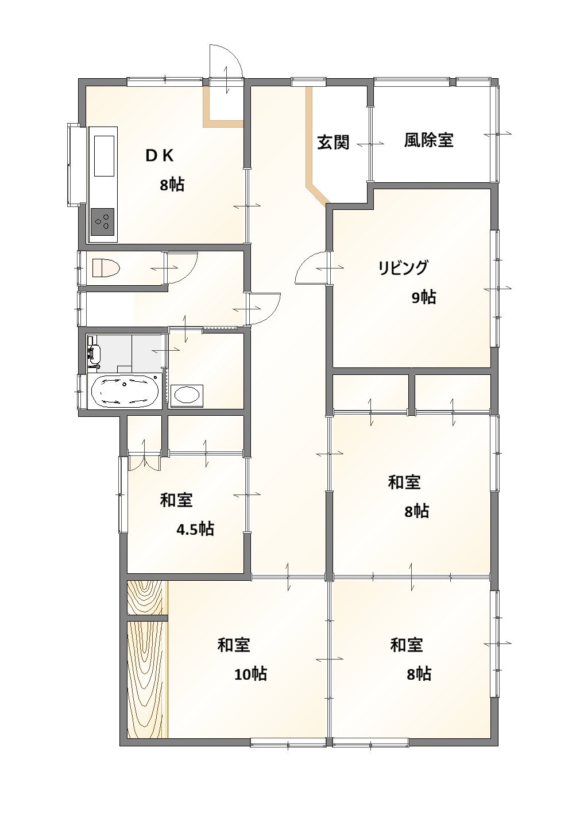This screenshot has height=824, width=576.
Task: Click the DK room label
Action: tap(160, 156)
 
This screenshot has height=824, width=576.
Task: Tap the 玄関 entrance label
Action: tap(333, 142)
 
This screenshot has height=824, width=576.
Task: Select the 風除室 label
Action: tap(428, 140)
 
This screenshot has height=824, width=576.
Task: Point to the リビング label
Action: tap(403, 267)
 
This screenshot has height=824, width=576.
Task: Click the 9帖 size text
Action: tap(424, 297)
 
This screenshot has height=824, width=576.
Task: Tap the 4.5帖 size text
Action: tap(195, 530)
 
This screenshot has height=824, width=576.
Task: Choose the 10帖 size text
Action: tap(251, 674)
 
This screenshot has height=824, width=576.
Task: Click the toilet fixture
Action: tap(106, 268)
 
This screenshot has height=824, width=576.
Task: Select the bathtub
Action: tap(125, 392)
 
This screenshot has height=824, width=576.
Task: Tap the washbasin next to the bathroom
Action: tap(187, 396)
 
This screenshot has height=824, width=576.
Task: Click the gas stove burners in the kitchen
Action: tap(102, 222)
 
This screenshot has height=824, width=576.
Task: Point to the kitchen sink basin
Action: tap(105, 156)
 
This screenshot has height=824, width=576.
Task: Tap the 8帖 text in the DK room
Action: tap(172, 185)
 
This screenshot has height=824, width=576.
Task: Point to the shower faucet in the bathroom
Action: tap(94, 355)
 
